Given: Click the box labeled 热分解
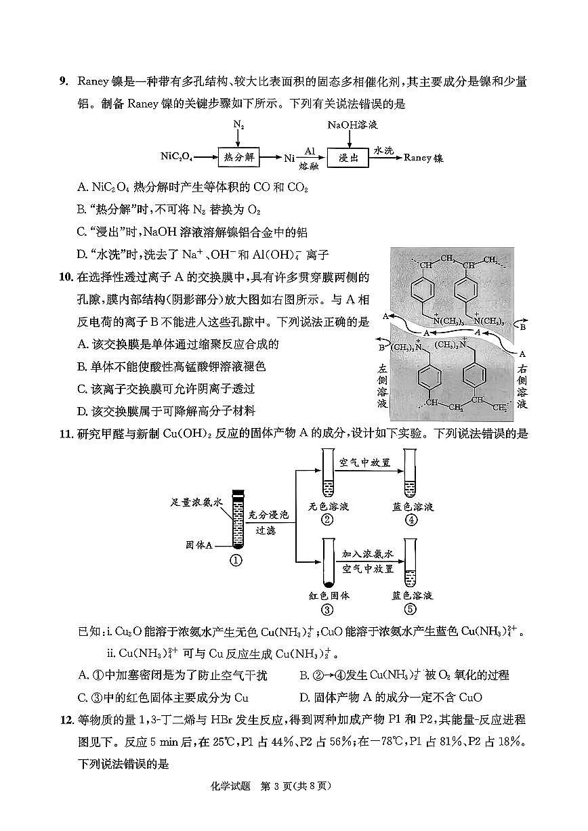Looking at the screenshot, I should (x=238, y=157).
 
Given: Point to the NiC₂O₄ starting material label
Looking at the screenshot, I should (x=176, y=157).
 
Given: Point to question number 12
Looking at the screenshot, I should (x=65, y=719).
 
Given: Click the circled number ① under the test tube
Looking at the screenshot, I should (x=236, y=560).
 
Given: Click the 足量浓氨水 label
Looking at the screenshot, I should (x=196, y=503).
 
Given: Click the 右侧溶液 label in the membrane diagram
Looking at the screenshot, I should (x=522, y=386).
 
